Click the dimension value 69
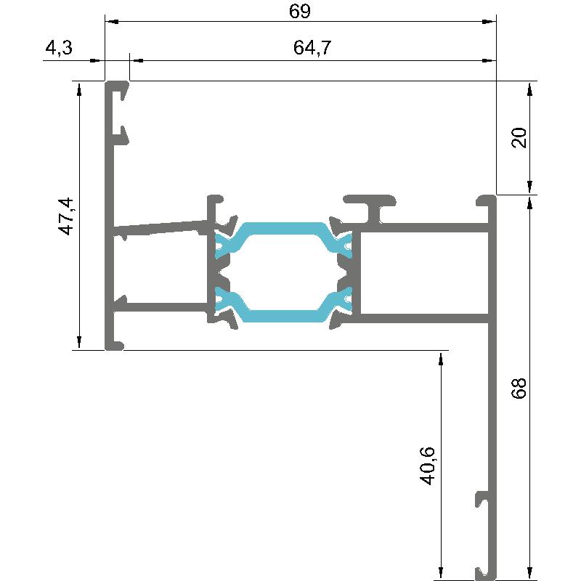300,11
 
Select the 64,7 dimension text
312,48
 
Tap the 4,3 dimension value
59,48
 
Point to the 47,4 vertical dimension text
67,216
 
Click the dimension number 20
519,137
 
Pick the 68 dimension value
519,389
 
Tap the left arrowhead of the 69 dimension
111,22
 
